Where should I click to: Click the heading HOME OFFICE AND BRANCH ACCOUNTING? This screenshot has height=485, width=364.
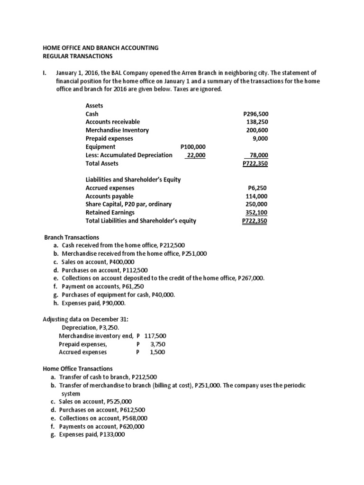click(x=100, y=48)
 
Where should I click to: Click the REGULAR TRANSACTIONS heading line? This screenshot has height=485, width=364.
click(x=78, y=56)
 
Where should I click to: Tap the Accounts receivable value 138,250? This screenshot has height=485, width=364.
click(x=257, y=122)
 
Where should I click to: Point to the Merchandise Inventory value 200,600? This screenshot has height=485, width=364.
click(x=257, y=130)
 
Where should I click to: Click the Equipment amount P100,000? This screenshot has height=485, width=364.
click(x=193, y=147)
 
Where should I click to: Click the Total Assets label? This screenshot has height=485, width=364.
click(x=102, y=163)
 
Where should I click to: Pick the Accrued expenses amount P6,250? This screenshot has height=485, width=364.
click(x=258, y=188)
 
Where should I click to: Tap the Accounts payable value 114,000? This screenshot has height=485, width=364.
click(x=257, y=196)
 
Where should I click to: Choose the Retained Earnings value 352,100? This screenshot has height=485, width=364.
click(x=257, y=213)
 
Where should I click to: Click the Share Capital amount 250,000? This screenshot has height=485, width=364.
click(x=257, y=204)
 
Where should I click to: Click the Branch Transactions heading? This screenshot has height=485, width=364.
click(x=72, y=237)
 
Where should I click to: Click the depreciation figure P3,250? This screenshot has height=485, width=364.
click(x=112, y=327)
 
